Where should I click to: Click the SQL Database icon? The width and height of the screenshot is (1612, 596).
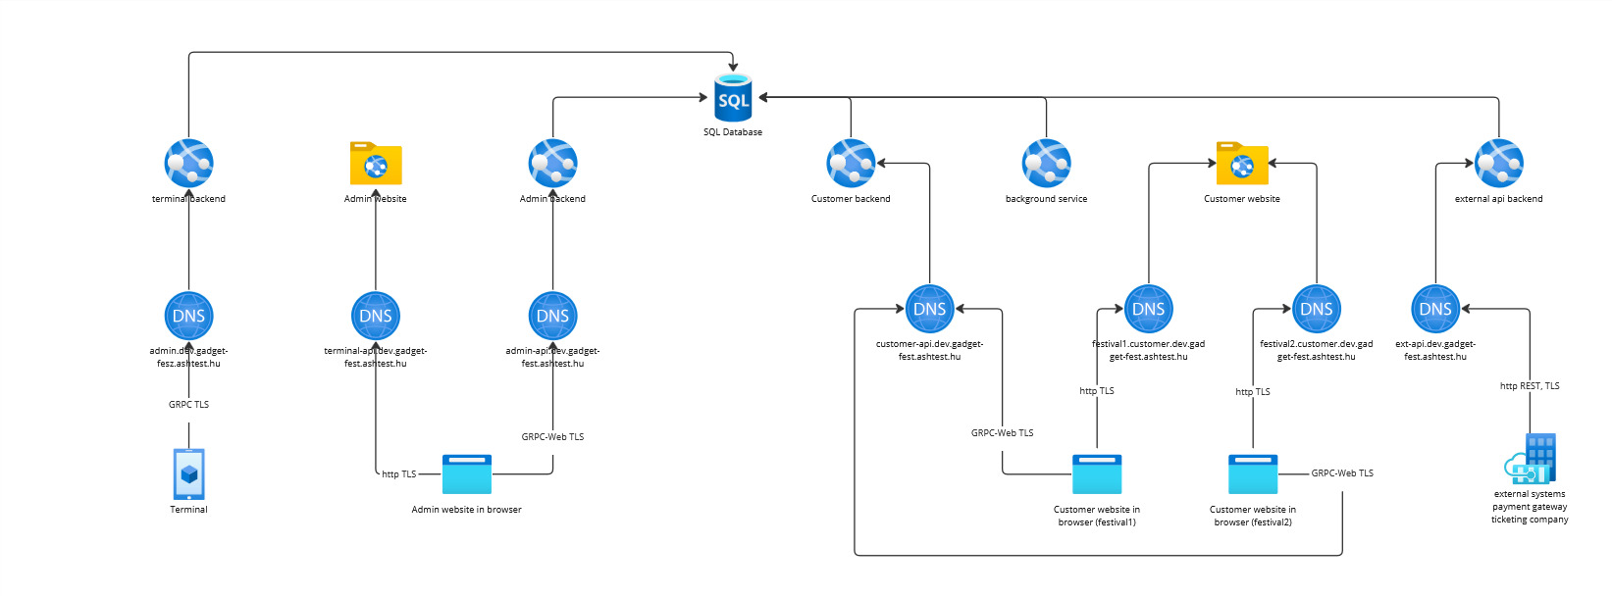click(x=733, y=98)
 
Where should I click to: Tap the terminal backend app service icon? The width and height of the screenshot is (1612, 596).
click(x=188, y=164)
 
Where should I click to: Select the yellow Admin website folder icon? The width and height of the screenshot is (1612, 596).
click(x=376, y=164)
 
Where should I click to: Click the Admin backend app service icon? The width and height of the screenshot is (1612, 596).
click(x=552, y=164)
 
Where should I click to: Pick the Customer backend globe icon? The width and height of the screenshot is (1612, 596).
click(x=851, y=164)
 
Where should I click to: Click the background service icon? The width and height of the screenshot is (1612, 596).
click(x=1046, y=164)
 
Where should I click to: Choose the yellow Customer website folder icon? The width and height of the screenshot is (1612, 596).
click(x=1242, y=164)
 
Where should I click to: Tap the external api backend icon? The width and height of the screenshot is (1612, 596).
click(x=1498, y=164)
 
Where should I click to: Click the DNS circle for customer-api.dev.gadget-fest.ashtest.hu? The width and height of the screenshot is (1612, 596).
click(x=929, y=309)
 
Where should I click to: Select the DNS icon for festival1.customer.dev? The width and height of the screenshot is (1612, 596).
click(x=1148, y=309)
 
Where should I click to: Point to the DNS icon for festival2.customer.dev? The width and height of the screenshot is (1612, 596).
click(x=1316, y=309)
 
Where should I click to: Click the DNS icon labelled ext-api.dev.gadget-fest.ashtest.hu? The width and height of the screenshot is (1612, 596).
click(x=1435, y=309)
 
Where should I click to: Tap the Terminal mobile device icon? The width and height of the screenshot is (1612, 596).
click(x=188, y=474)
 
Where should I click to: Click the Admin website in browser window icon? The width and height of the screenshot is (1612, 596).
click(x=467, y=474)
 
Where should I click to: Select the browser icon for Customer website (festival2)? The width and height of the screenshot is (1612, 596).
click(x=1253, y=474)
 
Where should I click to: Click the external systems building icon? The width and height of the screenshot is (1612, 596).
click(x=1531, y=460)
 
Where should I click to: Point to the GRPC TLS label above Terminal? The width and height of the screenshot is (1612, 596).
click(x=188, y=404)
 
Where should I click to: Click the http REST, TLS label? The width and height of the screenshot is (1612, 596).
click(x=1530, y=386)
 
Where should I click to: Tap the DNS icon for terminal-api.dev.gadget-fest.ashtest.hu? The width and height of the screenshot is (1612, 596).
click(x=376, y=316)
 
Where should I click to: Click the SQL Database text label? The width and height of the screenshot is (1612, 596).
click(x=733, y=132)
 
